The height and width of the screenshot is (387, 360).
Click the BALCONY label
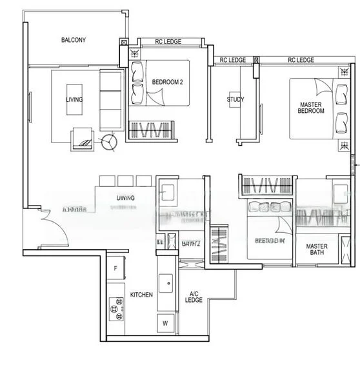tap(74, 40)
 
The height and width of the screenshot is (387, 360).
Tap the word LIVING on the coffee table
tap(74, 99)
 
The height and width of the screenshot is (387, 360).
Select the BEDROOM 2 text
tap(167, 83)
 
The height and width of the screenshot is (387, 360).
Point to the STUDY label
tap(235, 99)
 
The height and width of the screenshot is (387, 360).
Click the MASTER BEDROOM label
tap(311, 108)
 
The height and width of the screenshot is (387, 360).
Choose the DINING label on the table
tap(125, 198)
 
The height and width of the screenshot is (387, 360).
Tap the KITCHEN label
tap(141, 295)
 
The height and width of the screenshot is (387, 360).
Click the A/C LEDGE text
tap(194, 298)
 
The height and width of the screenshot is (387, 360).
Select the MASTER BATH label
tap(316, 250)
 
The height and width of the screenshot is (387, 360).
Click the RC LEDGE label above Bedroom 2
tap(168, 42)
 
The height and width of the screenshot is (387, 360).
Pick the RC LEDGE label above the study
tap(233, 60)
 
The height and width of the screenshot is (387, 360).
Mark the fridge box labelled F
tap(115, 268)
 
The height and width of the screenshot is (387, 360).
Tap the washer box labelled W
tap(165, 323)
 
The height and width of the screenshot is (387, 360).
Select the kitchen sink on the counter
tap(168, 282)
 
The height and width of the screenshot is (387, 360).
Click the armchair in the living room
tap(82, 137)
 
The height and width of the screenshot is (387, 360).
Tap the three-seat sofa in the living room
tap(111, 99)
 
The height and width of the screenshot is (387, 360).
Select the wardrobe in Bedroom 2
tap(148, 129)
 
